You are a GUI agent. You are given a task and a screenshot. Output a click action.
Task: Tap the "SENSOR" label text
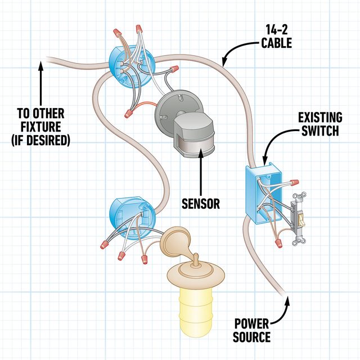(200, 202)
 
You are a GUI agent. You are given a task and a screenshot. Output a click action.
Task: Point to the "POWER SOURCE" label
(252, 331)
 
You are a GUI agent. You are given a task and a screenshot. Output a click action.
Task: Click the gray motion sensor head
(193, 135)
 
